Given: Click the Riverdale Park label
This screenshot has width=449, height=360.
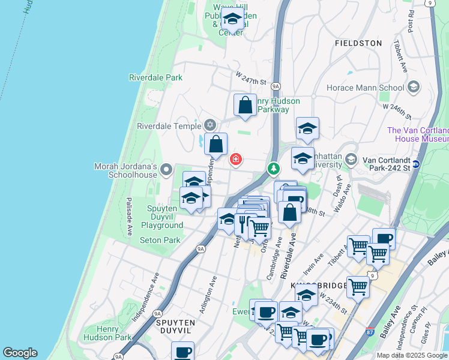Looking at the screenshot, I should (x=155, y=77).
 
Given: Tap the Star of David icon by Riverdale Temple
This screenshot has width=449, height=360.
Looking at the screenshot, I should (x=209, y=125).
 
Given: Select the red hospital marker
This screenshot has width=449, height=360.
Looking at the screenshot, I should (x=237, y=159).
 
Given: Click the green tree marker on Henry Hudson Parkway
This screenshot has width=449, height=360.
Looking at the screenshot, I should (x=274, y=169).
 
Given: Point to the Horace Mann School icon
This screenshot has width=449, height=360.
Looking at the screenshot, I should (x=413, y=88).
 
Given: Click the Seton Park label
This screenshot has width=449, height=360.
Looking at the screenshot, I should (x=160, y=240).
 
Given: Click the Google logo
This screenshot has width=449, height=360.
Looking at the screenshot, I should (x=20, y=353).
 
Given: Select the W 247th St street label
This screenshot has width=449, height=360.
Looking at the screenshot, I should (x=250, y=80).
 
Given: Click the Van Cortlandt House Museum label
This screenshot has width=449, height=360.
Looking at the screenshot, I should (x=418, y=134).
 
